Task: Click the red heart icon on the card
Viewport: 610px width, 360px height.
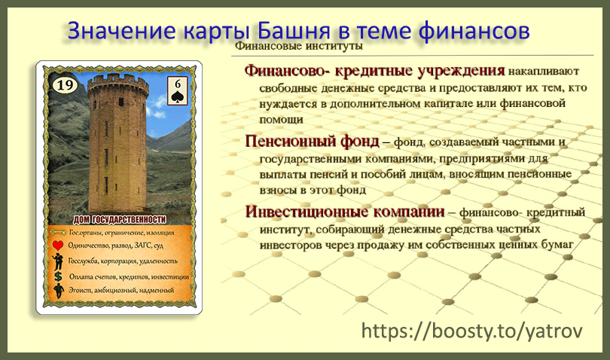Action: tap(57, 246)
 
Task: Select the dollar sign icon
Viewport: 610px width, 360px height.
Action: tap(57, 276)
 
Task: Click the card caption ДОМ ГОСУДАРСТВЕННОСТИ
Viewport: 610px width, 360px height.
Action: tap(119, 220)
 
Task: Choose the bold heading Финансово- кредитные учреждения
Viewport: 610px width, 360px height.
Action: tap(374, 72)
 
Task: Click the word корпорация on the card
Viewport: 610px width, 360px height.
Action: tap(114, 261)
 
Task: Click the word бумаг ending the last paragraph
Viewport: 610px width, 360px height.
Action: tap(557, 244)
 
